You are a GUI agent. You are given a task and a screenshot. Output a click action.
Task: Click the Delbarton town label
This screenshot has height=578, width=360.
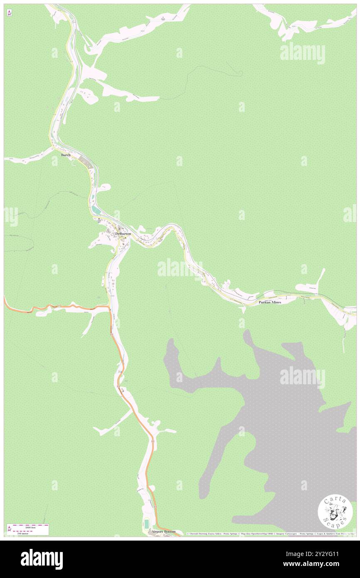pos(123,234)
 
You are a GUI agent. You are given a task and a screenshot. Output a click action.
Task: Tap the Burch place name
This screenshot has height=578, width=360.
pos(66,155)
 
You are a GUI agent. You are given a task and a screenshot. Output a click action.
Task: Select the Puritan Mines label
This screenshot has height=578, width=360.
pos(270,302)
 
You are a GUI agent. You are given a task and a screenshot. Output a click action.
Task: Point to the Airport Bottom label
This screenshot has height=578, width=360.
pos(163,531)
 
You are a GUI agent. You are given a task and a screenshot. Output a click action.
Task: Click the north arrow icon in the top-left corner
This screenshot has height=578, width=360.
pos(9,13)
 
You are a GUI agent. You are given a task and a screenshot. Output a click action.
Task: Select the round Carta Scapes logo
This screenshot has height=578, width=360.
pos(335,513)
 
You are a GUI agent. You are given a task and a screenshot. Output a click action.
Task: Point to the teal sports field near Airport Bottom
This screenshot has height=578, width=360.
pos(146,523)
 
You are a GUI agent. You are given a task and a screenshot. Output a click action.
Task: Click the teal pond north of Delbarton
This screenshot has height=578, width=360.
pos(96,211)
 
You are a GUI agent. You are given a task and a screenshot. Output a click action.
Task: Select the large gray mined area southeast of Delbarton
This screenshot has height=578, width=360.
pos(283,416)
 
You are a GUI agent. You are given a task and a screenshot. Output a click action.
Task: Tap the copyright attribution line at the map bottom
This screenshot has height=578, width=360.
pos(270,534)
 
